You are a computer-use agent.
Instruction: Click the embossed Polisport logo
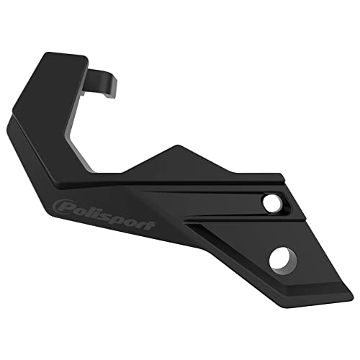(104, 213)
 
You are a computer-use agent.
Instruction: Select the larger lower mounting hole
(282, 257)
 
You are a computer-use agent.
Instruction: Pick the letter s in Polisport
(108, 215)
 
